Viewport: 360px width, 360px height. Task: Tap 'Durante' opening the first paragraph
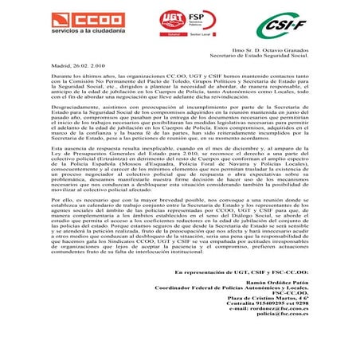pos(41,76)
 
